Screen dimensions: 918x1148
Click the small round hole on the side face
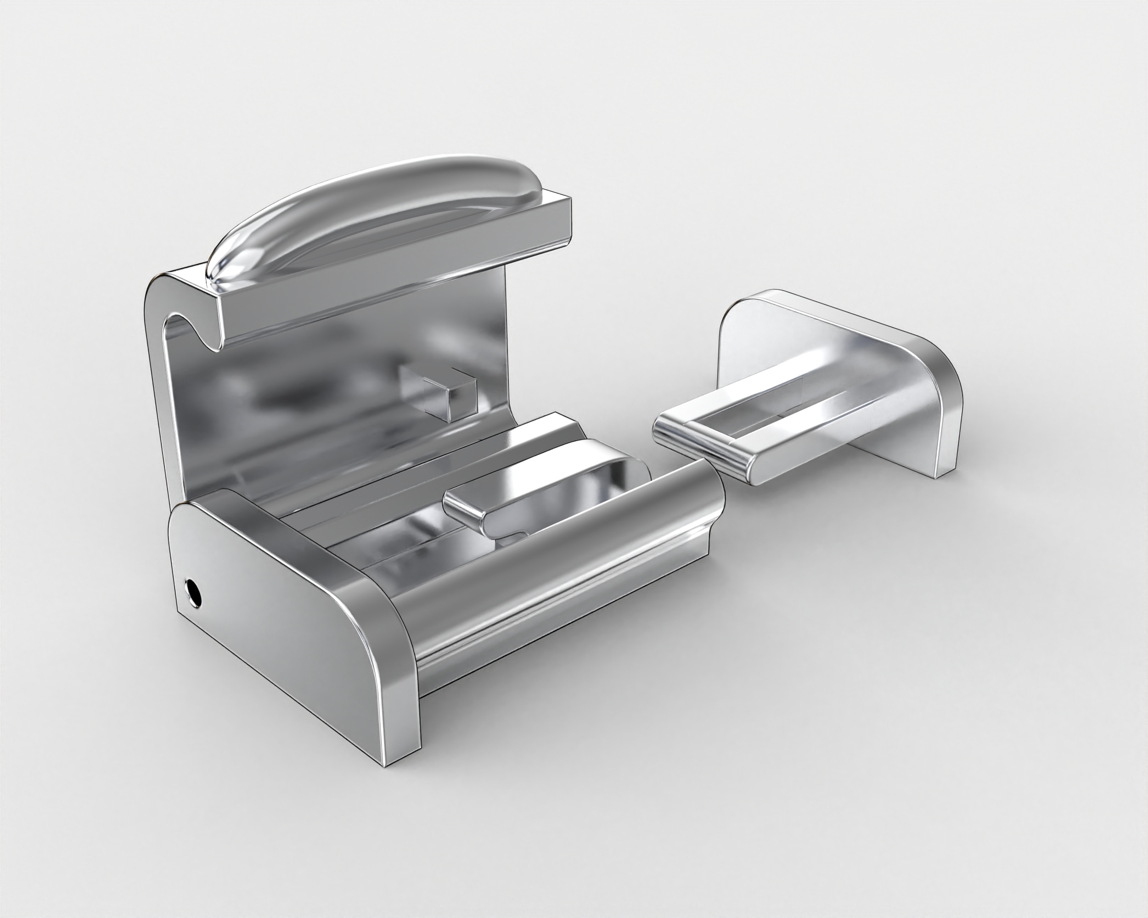click(193, 592)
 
